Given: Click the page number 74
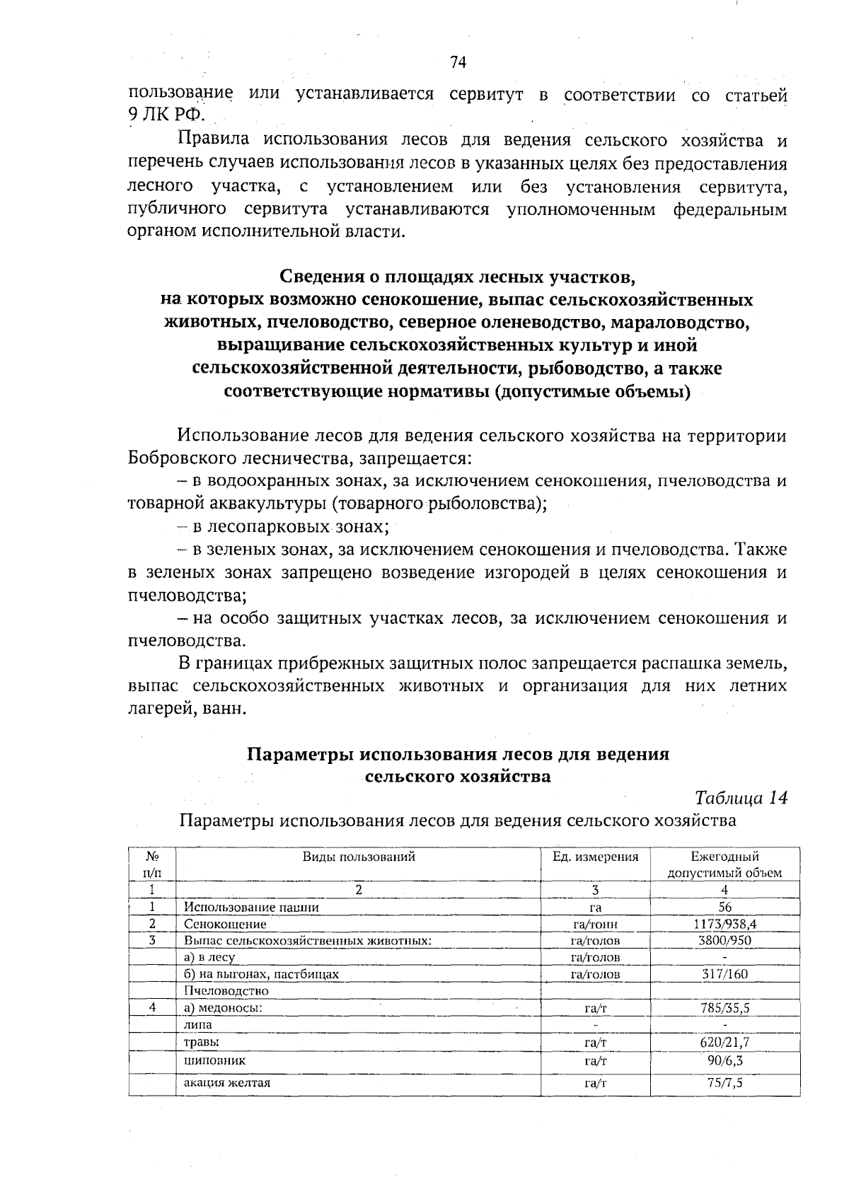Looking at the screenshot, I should [458, 63].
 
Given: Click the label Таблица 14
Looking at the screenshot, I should [741, 798].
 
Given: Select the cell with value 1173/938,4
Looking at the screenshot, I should [724, 924].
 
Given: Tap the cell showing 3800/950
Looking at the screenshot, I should [724, 941].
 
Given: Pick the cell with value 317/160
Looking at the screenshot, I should [724, 974].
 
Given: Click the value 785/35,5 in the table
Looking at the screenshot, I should [724, 1008].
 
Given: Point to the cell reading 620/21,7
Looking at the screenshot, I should [724, 1043].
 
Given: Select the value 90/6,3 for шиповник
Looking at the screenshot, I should [724, 1061].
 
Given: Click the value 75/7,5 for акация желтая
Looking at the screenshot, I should [724, 1083].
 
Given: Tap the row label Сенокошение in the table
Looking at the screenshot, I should [225, 925].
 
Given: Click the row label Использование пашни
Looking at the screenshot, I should [251, 908].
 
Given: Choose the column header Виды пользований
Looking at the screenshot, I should [359, 857].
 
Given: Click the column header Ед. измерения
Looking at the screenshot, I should [595, 857].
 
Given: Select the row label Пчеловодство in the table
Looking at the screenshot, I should [226, 991].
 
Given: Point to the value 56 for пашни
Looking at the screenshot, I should [724, 908].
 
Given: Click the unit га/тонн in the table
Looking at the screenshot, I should [595, 925].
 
